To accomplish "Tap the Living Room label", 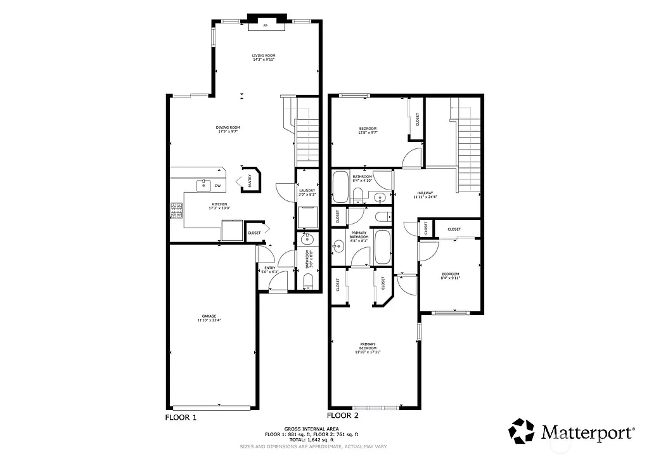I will [x=264, y=58].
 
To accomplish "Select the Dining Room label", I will [x=228, y=129].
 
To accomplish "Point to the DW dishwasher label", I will [x=217, y=186].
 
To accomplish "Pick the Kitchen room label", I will [x=219, y=206].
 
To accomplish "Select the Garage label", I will [x=209, y=319].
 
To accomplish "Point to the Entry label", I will [x=269, y=269].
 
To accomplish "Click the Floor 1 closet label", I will [x=254, y=233].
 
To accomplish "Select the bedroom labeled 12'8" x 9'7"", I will [x=368, y=131].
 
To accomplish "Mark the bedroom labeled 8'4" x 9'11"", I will [x=450, y=276].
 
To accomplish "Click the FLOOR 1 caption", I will [x=181, y=418].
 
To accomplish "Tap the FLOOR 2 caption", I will [x=343, y=416].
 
